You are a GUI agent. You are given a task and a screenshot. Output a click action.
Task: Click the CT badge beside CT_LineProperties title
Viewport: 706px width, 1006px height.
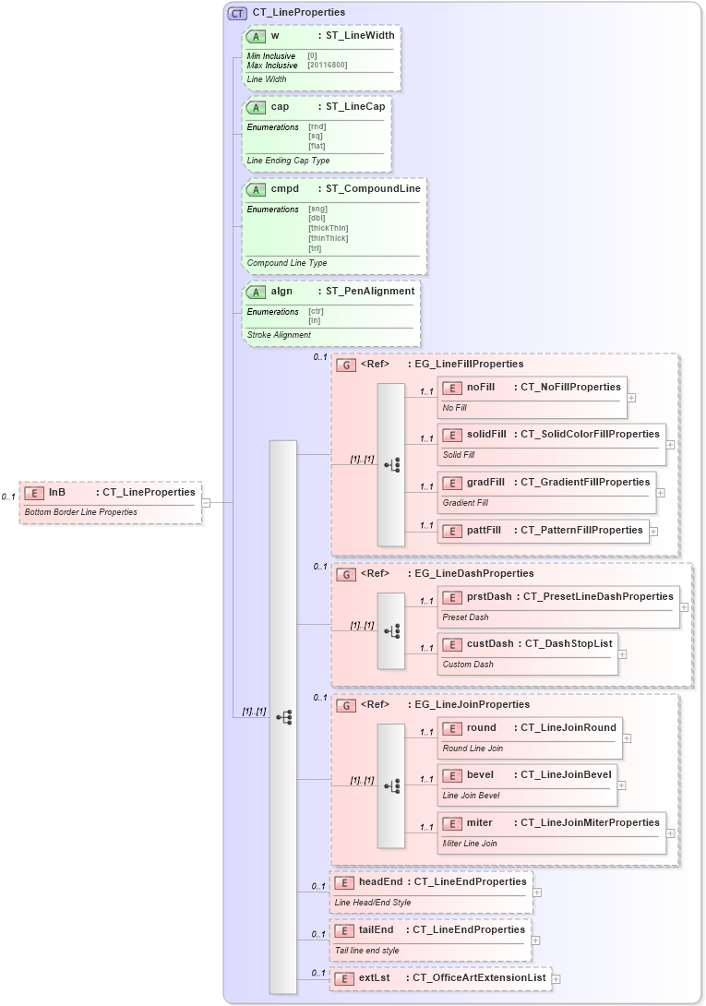(x=237, y=13)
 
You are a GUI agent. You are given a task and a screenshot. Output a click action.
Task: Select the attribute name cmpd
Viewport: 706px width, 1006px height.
(x=284, y=188)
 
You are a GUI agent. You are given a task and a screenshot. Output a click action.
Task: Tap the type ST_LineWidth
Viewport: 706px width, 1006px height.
(x=356, y=35)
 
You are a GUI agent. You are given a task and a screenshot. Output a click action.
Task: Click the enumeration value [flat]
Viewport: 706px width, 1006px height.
(x=317, y=146)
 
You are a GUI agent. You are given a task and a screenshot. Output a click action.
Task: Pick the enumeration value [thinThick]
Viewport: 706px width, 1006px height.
(x=328, y=237)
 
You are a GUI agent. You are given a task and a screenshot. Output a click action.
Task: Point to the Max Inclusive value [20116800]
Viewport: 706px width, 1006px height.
(x=329, y=66)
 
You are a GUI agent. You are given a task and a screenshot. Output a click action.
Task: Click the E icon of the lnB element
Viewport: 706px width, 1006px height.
(x=34, y=493)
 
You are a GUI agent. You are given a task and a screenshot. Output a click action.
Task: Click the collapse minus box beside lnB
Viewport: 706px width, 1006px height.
(x=206, y=503)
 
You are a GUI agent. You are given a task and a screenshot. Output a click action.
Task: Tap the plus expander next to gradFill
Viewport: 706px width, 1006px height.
(x=661, y=493)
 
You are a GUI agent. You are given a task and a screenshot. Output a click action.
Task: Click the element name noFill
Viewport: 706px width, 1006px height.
(x=480, y=387)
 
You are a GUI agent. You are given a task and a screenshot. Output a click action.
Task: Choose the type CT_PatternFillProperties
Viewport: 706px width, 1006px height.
(x=581, y=530)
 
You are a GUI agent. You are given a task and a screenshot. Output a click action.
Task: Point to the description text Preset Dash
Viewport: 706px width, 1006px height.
(x=465, y=617)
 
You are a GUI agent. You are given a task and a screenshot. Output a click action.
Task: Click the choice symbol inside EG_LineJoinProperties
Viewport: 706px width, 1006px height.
(x=391, y=785)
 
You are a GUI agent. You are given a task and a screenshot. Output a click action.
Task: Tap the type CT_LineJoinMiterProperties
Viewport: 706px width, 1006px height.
(x=590, y=822)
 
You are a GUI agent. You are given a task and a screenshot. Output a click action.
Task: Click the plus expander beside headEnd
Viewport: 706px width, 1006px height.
(x=537, y=892)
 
